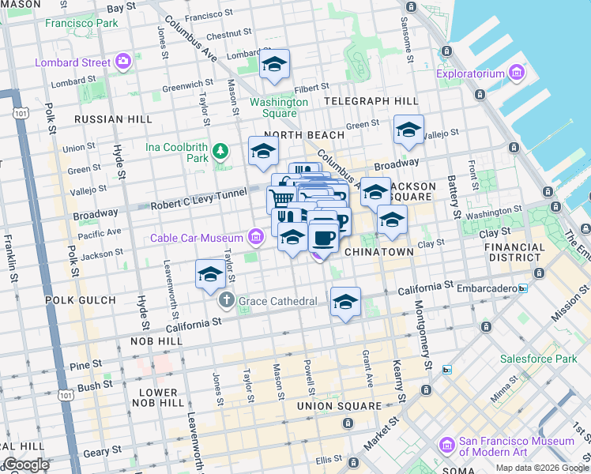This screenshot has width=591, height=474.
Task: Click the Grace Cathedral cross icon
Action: pos(227,301)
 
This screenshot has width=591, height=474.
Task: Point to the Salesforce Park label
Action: pos(538,359)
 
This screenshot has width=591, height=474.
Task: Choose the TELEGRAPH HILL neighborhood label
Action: pos(371,102)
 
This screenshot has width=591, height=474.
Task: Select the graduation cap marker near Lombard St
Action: pos(274,66)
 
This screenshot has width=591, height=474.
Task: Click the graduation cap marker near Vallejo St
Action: pos(408,131)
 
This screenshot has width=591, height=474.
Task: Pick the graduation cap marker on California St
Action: pos(345,303)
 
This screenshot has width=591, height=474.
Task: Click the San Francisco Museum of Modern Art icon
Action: pos(447,446)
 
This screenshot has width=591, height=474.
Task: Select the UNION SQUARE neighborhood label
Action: pos(339,406)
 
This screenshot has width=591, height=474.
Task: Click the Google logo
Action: pos(25,465)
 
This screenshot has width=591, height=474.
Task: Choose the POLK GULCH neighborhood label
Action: pos(82,301)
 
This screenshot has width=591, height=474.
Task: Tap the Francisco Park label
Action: pos(81,23)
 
